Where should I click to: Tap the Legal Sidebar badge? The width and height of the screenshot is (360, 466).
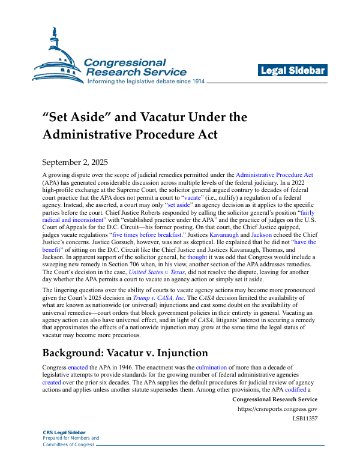point(292,71)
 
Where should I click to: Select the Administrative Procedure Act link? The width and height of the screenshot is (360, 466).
point(274,175)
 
